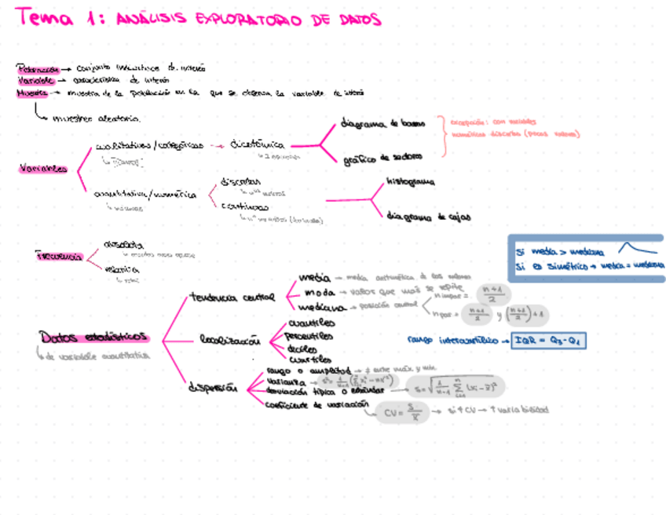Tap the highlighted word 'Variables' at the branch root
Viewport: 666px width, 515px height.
[42, 169]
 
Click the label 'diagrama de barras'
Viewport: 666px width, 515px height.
[383, 123]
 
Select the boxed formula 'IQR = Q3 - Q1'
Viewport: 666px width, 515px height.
[549, 340]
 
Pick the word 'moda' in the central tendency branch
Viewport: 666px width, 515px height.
[313, 292]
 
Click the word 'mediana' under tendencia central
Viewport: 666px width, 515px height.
[320, 307]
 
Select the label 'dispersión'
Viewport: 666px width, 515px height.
[211, 386]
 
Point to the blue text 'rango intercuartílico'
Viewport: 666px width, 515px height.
[452, 340]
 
